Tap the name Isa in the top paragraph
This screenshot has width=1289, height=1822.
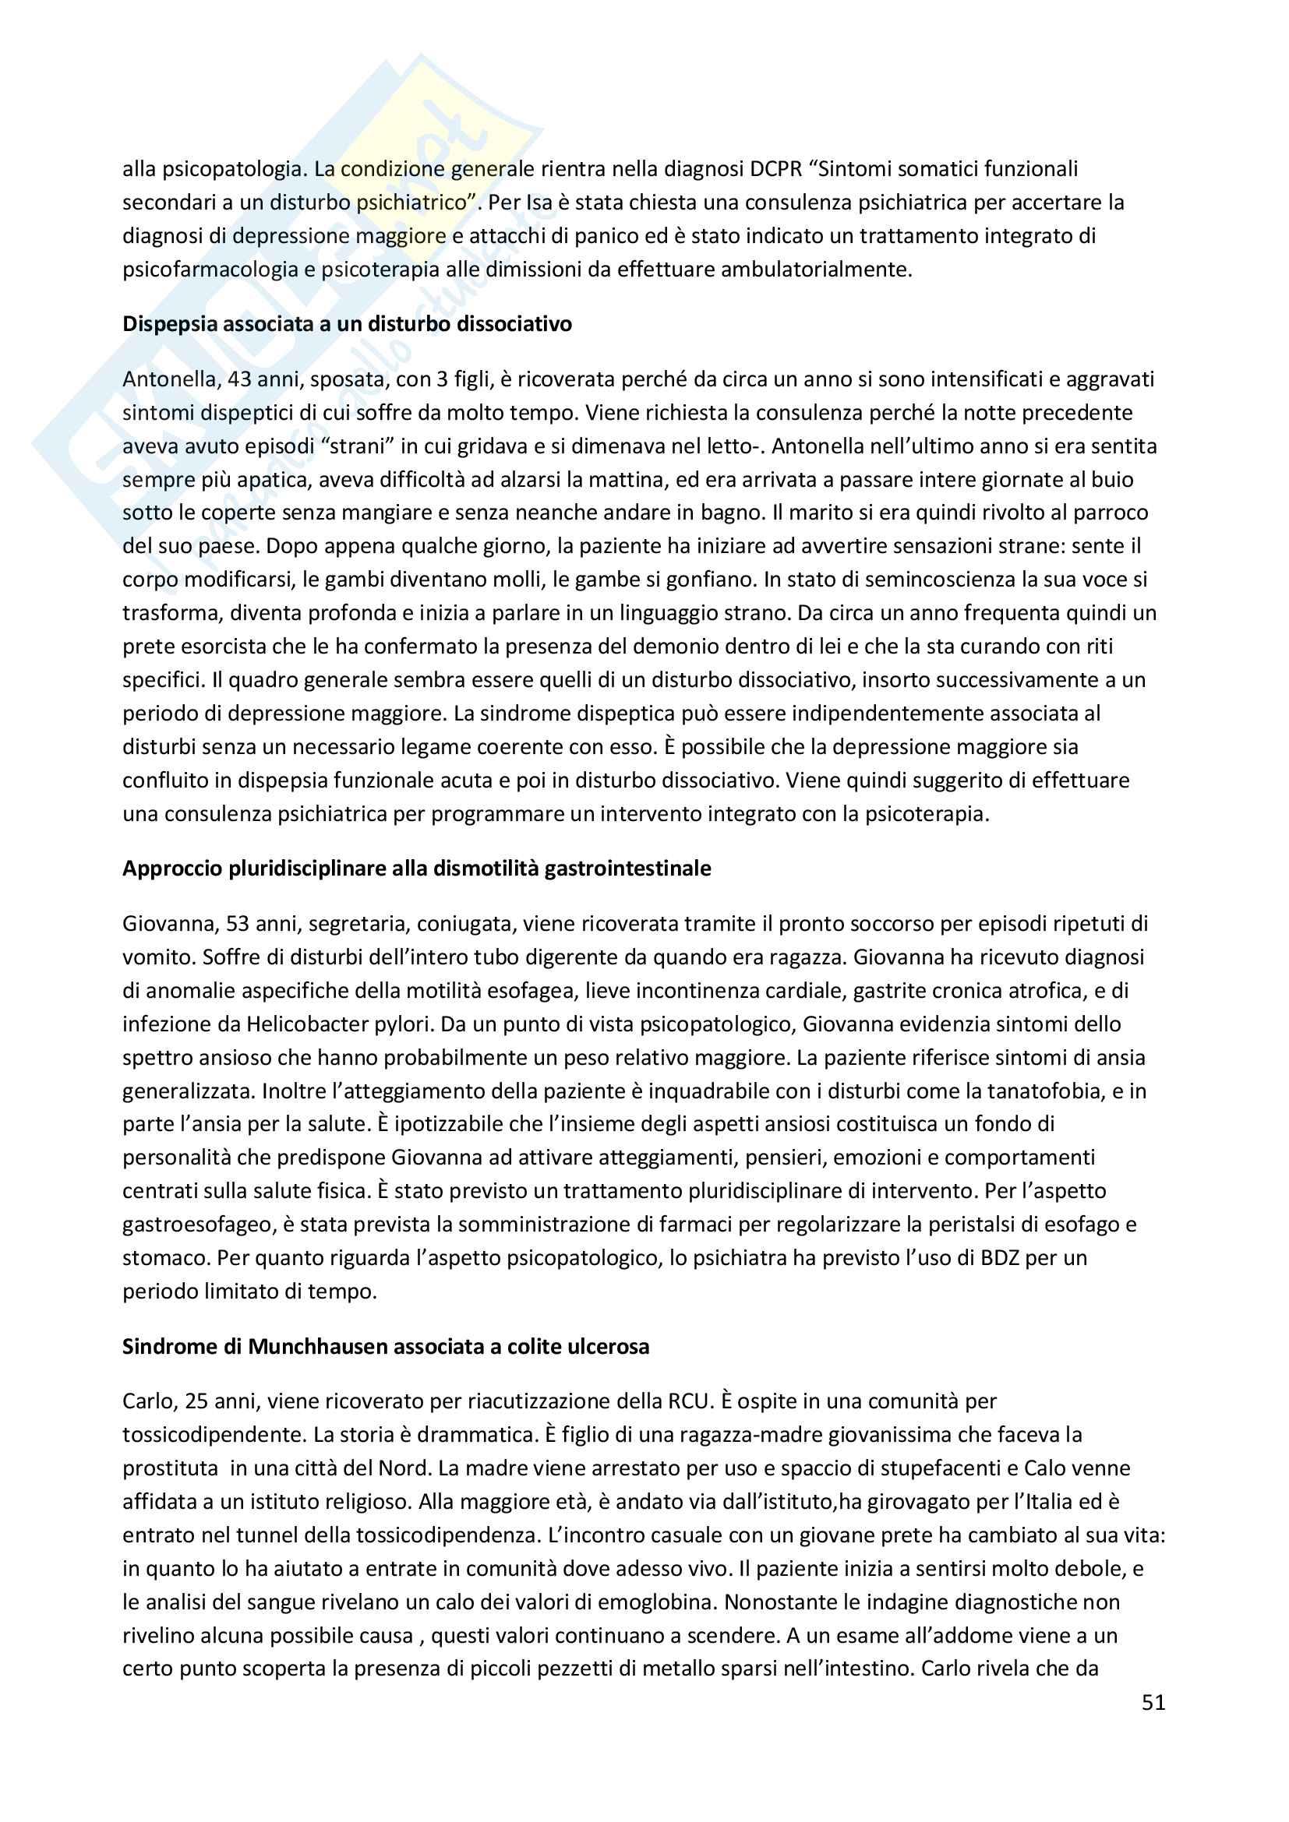tap(539, 203)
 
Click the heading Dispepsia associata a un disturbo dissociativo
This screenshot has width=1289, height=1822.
tap(347, 324)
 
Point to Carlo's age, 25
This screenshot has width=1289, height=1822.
tap(196, 1401)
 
